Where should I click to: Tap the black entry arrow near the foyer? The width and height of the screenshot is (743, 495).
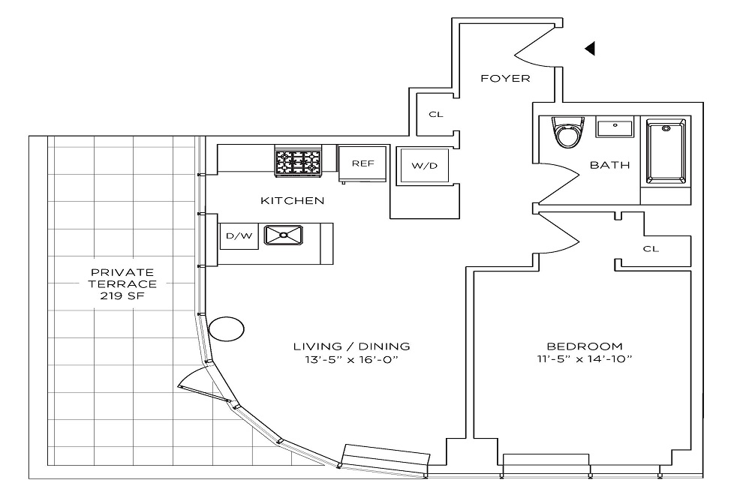pos(590,49)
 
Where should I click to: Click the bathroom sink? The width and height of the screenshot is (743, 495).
pos(615,127)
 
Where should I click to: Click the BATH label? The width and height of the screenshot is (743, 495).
pos(609,165)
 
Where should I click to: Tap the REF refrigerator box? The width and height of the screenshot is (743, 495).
pos(362,163)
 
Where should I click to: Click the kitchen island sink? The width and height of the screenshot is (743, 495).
pos(284,235)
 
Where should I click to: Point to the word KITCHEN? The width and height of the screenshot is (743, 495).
pos(292,200)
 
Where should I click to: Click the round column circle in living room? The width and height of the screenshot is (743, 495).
pos(226,328)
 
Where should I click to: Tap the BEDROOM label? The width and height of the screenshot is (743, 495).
pos(585,346)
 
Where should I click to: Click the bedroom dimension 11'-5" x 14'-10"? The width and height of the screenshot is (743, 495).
pos(585,359)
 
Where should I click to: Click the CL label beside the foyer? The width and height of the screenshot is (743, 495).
pos(435,115)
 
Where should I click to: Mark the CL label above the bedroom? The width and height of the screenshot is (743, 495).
pos(651,249)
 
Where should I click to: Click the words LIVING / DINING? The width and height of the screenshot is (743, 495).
pos(352,346)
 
